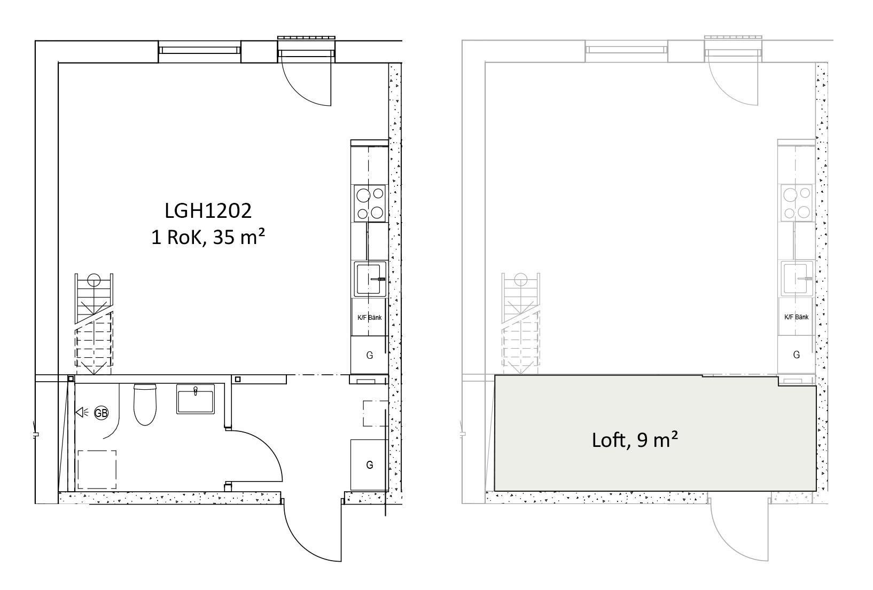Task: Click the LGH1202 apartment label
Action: (x=208, y=211)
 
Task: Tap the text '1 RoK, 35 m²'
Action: (x=208, y=237)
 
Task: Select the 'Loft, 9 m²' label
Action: (x=635, y=440)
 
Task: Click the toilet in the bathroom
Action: (x=145, y=404)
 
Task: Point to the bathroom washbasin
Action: (x=195, y=399)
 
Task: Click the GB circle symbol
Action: (x=101, y=413)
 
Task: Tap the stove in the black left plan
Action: (x=370, y=203)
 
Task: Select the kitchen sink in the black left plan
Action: (x=370, y=279)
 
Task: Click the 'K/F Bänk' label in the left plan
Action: (x=370, y=317)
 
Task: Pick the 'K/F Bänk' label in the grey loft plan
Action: (x=796, y=317)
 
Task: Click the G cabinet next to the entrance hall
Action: (x=370, y=465)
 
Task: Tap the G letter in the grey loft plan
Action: (x=797, y=355)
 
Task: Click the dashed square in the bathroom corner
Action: (x=97, y=470)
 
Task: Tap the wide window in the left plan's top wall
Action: (x=199, y=51)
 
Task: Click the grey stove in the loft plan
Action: (x=796, y=202)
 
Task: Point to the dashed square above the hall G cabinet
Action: (x=376, y=413)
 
